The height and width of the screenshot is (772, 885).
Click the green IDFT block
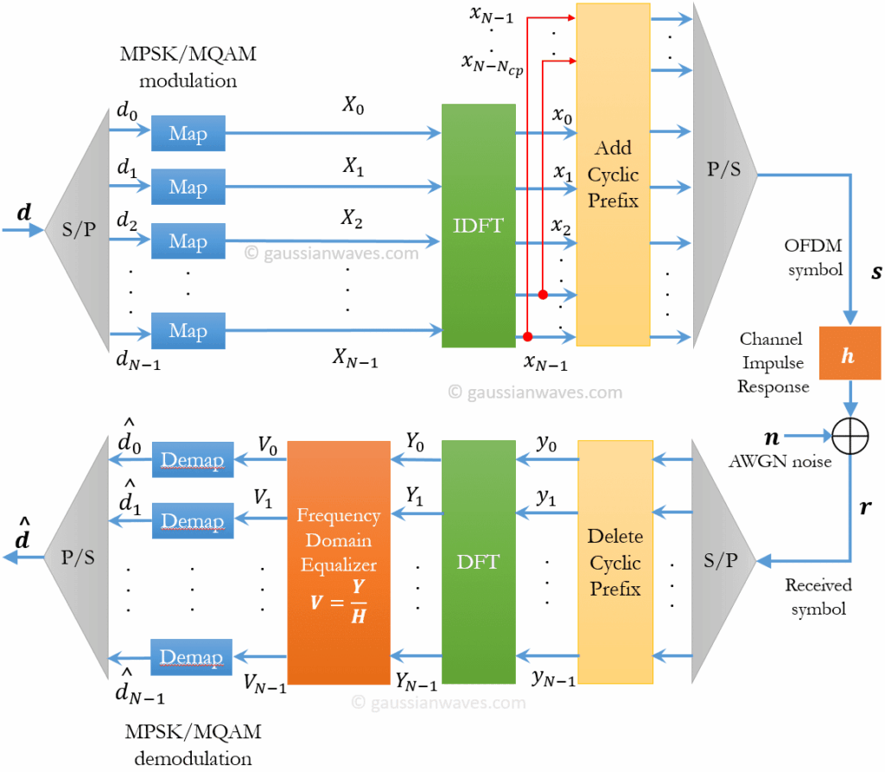click(478, 226)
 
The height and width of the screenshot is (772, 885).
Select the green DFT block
click(478, 562)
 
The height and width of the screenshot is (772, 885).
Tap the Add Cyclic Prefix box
click(613, 175)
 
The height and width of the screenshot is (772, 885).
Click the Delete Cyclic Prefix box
click(614, 562)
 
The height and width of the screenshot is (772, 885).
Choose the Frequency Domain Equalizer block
click(338, 562)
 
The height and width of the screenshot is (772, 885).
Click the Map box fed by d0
click(188, 134)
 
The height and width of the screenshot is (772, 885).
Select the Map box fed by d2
click(188, 241)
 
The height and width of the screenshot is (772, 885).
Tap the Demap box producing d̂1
click(193, 520)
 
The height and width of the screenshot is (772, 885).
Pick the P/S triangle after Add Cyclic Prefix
click(723, 169)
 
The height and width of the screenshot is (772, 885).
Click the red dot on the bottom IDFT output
click(527, 335)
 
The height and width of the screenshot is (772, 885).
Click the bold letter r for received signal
click(866, 508)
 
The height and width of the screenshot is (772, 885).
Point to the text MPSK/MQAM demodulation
click(192, 746)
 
